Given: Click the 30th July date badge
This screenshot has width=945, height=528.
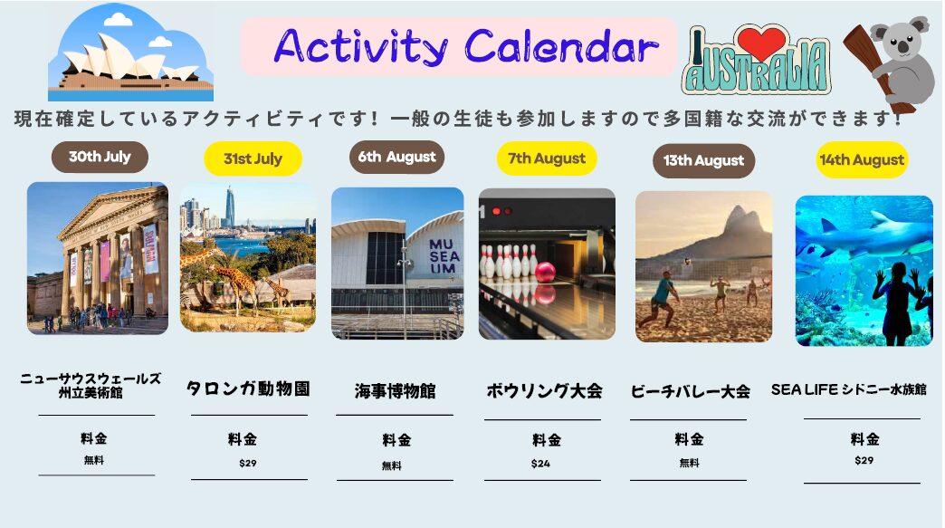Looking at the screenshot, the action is click(x=100, y=157).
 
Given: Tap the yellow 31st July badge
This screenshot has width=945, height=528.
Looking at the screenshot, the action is click(x=253, y=158).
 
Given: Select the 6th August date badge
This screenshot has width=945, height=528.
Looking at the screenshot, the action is click(x=396, y=157).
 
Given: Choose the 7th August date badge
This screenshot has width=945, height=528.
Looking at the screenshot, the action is click(x=547, y=158).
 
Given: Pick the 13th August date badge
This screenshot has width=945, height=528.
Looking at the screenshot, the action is click(x=703, y=161).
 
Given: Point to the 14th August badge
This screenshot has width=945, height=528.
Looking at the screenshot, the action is click(x=862, y=159).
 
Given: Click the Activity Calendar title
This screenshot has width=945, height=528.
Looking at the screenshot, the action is click(x=466, y=46).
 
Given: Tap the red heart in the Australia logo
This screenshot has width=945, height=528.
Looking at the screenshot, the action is click(x=762, y=43).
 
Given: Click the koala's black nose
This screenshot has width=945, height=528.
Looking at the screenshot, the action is click(x=903, y=46).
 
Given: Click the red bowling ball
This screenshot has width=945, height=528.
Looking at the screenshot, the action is click(x=545, y=272).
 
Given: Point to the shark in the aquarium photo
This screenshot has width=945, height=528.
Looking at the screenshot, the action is click(x=868, y=236).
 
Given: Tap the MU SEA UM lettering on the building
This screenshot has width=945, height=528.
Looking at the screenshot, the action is click(x=444, y=256).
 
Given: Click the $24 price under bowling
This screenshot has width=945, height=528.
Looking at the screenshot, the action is click(x=540, y=464).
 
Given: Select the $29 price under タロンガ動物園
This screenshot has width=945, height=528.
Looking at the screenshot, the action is click(x=248, y=463).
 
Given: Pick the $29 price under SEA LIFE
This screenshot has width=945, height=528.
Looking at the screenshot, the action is click(x=864, y=460).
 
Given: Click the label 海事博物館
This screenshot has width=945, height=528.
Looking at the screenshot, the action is click(x=395, y=391).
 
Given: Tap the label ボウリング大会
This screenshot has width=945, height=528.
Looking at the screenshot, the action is click(x=544, y=390).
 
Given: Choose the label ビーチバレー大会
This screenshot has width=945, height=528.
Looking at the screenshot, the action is click(x=690, y=392).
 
